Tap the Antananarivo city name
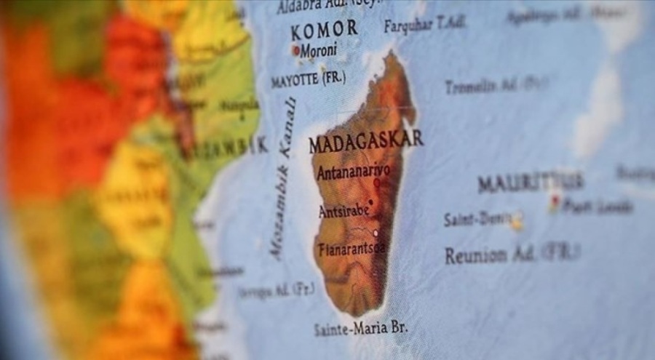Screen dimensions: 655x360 pyautogui.click(x=353, y=172)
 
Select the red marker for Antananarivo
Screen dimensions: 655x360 pyautogui.click(x=376, y=183)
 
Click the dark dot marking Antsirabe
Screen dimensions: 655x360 pyautogui.click(x=371, y=202)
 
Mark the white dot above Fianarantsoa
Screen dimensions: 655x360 pyautogui.click(x=376, y=233)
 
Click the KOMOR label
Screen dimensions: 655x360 pyautogui.click(x=324, y=30)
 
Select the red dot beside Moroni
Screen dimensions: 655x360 pyautogui.click(x=296, y=51)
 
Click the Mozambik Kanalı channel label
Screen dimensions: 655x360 pyautogui.click(x=284, y=178)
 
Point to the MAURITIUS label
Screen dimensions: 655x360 pyautogui.click(x=531, y=182)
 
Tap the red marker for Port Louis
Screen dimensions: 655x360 pyautogui.click(x=555, y=202)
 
